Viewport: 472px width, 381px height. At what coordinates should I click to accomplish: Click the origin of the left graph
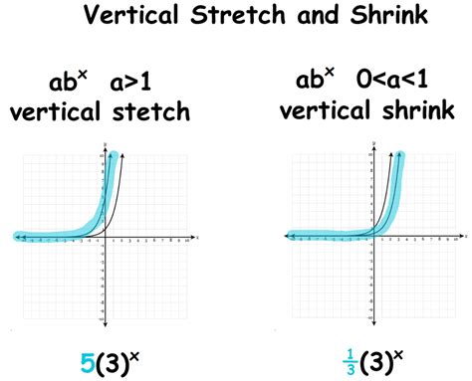(x=104, y=237)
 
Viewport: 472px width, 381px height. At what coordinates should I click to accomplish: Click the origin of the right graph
(x=373, y=237)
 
